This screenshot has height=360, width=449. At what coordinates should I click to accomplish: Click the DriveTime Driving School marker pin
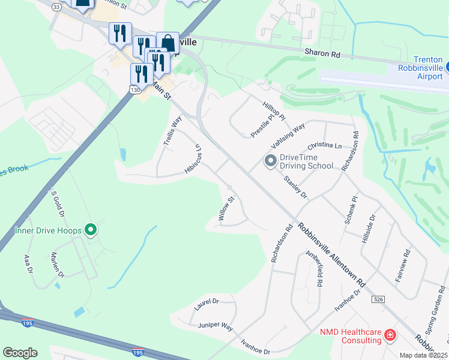[x=270, y=160]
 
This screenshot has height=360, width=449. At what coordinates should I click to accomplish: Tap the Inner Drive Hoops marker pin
[x=91, y=230]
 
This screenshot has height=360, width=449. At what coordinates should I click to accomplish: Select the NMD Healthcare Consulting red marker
[x=390, y=334]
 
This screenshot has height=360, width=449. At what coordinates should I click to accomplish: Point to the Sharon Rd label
[x=322, y=53]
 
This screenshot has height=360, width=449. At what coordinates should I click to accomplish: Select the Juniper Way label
[x=215, y=326]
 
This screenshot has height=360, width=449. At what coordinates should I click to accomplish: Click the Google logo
[x=20, y=353]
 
